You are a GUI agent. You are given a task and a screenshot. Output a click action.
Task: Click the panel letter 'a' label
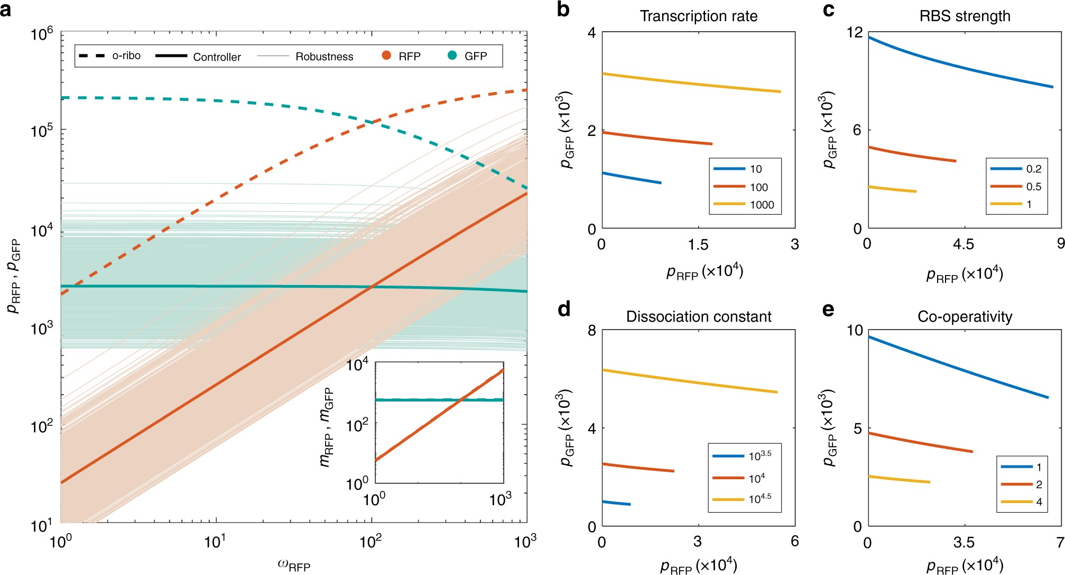tap(6, 10)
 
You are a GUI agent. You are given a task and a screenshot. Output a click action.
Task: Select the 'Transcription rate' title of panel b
tap(698, 16)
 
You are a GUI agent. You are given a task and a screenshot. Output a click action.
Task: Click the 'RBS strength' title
tap(965, 16)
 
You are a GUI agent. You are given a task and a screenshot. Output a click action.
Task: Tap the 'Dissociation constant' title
tap(698, 317)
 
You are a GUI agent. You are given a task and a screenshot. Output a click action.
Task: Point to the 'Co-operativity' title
tap(965, 317)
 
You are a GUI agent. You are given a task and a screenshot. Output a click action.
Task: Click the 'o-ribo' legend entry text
tap(126, 56)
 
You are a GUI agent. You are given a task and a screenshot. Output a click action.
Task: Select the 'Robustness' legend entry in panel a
tap(324, 57)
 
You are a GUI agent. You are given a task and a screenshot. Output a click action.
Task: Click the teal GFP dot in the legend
tap(452, 56)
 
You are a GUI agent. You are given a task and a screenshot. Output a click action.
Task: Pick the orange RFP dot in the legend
tap(386, 56)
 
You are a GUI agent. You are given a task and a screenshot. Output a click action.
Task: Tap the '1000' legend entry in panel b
tap(762, 205)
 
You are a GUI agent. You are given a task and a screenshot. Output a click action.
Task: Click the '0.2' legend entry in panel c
tap(1033, 169)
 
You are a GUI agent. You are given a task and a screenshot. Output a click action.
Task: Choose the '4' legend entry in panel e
tap(1039, 501)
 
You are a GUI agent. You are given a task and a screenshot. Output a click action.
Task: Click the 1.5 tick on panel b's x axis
tap(698, 244)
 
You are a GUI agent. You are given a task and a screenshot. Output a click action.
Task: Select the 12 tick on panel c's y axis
tap(854, 33)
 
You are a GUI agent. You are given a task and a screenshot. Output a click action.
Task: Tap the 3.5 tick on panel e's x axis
tap(964, 542)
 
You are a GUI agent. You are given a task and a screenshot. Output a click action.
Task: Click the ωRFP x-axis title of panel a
tap(294, 565)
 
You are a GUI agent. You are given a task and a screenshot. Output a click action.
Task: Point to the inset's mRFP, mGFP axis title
tap(327, 427)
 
